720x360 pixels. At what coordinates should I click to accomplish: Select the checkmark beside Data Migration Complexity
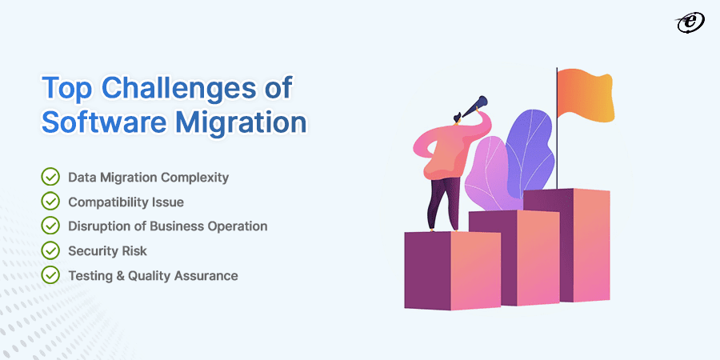50,177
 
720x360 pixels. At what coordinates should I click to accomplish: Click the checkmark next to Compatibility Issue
50,202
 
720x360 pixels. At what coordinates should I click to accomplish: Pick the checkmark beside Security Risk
50,251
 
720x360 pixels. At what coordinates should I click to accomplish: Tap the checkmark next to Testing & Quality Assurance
50,276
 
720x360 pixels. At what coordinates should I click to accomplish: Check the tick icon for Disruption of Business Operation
50,226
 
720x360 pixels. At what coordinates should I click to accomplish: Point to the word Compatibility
108,202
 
